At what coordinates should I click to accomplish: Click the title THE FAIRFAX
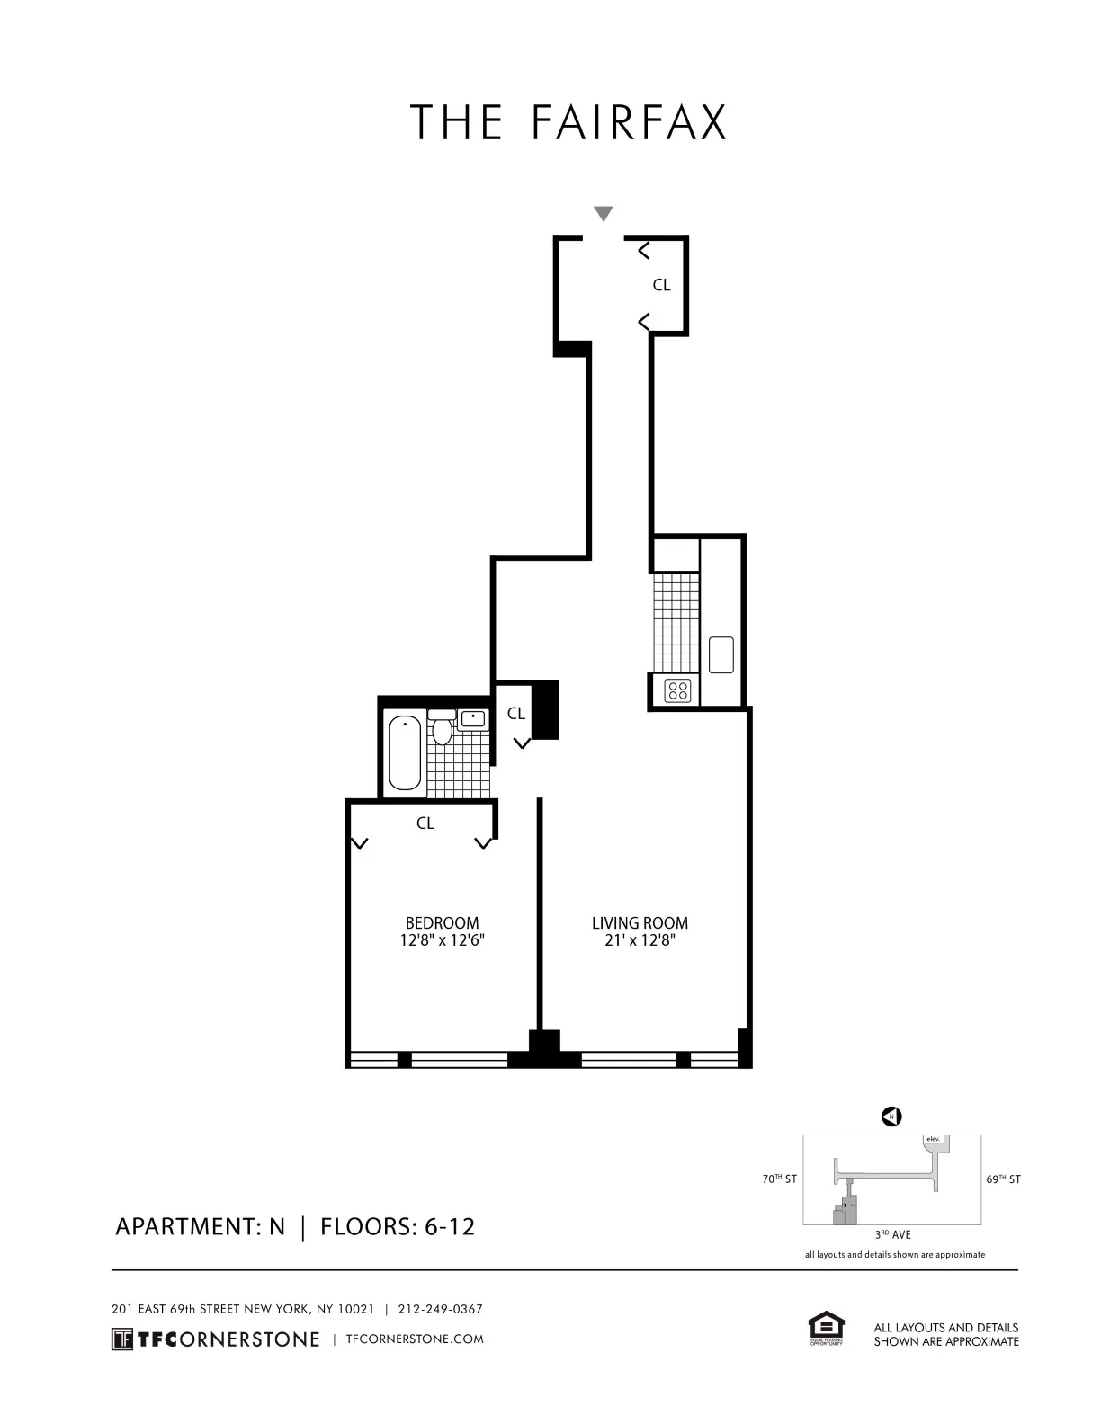(x=568, y=123)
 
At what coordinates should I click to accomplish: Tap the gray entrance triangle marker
(x=604, y=214)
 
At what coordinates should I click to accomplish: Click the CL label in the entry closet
(x=661, y=285)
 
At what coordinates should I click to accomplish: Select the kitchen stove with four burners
(x=677, y=690)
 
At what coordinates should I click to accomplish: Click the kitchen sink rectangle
(x=721, y=654)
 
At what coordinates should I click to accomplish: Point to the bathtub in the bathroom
(x=406, y=752)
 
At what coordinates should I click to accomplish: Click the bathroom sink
(x=472, y=718)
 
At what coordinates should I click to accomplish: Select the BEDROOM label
(x=442, y=922)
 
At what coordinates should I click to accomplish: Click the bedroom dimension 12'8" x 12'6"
(x=442, y=941)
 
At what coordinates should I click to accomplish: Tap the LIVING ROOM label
(x=640, y=922)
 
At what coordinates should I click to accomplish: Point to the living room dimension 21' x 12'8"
(x=640, y=941)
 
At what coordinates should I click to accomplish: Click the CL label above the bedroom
(x=425, y=823)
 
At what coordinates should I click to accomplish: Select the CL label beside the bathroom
(x=515, y=714)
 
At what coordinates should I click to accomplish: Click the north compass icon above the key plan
(x=891, y=1117)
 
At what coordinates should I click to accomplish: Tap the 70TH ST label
(x=778, y=1179)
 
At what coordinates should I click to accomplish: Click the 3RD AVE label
(x=892, y=1235)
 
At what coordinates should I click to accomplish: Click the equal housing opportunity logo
(x=826, y=1328)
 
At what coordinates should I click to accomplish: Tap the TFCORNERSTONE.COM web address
(x=414, y=1339)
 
